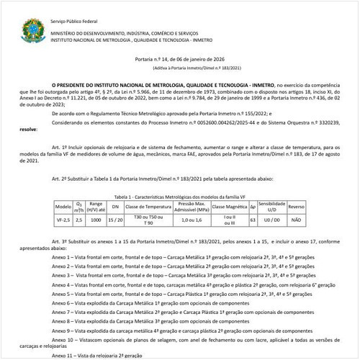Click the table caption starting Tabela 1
(x=180, y=196)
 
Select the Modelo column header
(x=63, y=206)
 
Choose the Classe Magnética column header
(x=229, y=206)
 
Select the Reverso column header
(x=296, y=206)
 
